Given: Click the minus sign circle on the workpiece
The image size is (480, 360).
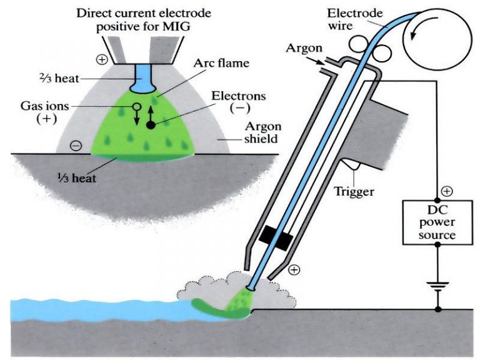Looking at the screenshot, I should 76,146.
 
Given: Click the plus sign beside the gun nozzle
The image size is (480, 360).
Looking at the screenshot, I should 294,270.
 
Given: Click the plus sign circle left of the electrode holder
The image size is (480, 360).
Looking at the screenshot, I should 102,60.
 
